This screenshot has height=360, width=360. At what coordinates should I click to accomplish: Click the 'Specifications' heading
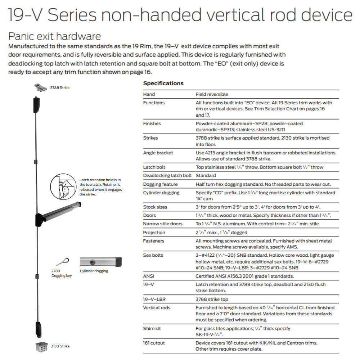pos(163,84)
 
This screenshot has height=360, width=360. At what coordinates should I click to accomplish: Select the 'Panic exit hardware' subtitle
pos(54,36)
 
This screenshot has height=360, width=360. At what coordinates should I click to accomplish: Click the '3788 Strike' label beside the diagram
pos(60,87)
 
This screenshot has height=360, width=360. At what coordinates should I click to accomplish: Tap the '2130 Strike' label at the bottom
pos(60,346)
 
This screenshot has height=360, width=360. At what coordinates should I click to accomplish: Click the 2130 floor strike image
pos(41,347)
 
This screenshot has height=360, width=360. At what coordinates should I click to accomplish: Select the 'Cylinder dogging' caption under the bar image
pos(94,271)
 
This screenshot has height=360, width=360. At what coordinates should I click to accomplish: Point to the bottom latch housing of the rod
pos(37,327)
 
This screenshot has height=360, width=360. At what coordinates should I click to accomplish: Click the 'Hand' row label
pos(149,94)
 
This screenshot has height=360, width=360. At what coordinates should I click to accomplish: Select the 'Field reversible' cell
pos(212,94)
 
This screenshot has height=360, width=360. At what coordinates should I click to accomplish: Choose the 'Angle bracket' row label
pos(158,153)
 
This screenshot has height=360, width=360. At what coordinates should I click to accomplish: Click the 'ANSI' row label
pos(149,276)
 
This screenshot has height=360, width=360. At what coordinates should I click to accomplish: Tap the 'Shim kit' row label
pos(152,328)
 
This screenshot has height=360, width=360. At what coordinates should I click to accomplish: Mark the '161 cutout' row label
pos(154,343)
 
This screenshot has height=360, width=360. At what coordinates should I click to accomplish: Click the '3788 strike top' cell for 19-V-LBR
pos(212,299)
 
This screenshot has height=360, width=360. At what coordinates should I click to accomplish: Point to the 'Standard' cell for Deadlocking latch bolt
pos(206,176)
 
